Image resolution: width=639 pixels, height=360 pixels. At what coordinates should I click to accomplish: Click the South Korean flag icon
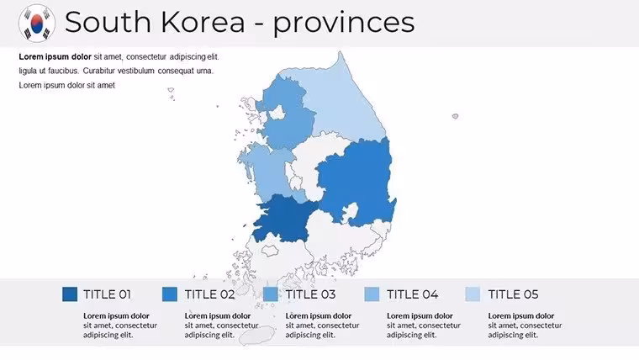click(37, 24)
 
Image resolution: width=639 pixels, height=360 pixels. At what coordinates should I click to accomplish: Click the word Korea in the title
click(203, 22)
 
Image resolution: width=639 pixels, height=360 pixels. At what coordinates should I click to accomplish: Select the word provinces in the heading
click(344, 24)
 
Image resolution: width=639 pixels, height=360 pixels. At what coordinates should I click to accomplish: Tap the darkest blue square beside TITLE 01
click(70, 294)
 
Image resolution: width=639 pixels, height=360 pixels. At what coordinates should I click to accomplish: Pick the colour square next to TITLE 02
click(170, 294)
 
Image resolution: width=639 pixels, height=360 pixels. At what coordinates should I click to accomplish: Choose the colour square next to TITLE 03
click(271, 294)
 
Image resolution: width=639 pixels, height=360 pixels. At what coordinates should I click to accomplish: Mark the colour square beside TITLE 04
click(372, 294)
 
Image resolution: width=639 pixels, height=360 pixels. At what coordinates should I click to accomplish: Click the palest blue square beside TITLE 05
click(473, 294)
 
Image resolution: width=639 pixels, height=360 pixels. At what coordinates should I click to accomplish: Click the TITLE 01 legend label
click(107, 294)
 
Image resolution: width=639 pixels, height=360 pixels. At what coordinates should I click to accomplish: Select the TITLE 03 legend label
click(310, 294)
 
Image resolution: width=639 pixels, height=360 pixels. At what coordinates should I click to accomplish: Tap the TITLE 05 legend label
click(513, 294)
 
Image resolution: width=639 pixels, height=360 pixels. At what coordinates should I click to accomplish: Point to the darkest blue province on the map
click(284, 218)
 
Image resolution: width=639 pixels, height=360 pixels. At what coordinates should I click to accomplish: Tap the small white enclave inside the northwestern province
click(277, 113)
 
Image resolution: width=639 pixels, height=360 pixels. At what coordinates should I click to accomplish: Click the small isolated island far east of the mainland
click(455, 116)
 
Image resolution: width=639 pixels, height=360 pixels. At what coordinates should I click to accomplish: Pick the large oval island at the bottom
click(256, 335)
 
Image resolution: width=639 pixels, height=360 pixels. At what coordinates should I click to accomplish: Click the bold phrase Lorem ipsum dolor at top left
click(55, 56)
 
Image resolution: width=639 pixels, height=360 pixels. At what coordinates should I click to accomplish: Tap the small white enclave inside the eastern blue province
click(350, 213)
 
